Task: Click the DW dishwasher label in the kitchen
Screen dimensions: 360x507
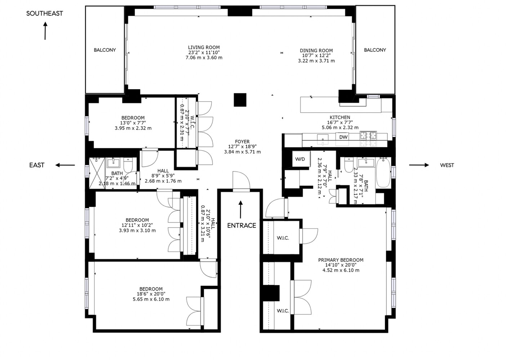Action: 343,137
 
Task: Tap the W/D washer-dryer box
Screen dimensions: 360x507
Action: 300,159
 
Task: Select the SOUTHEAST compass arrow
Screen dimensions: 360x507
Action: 45,31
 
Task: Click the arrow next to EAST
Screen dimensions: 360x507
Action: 65,165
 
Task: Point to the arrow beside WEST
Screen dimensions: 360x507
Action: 419,165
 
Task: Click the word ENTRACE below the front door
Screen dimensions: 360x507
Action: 242,225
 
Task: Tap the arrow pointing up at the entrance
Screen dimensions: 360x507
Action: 241,210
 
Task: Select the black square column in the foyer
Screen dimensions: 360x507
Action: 240,100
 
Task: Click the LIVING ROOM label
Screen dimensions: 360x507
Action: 204,48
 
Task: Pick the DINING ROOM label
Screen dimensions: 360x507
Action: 316,51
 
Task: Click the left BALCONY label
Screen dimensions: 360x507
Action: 105,50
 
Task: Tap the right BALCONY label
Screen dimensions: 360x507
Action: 375,50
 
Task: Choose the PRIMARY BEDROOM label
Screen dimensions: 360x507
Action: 341,260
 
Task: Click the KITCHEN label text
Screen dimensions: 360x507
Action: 340,117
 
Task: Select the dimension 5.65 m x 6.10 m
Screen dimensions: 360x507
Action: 151,299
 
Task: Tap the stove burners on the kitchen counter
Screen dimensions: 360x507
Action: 368,136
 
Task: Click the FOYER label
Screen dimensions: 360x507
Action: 242,142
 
